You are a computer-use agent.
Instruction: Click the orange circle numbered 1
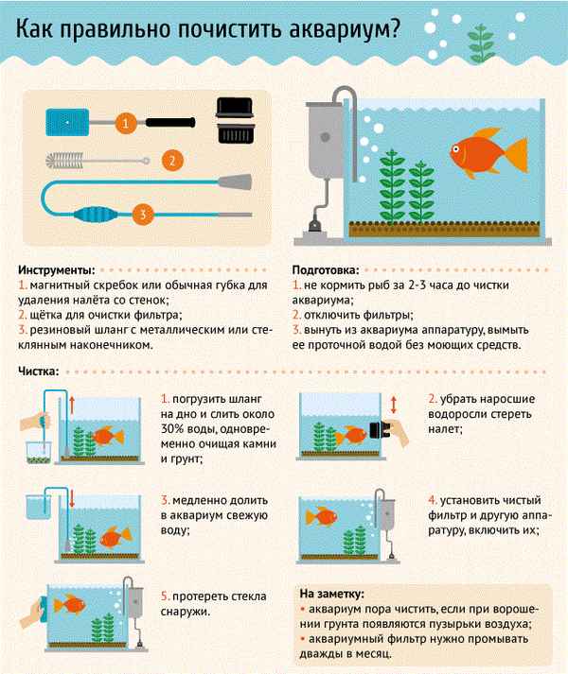click(x=126, y=124)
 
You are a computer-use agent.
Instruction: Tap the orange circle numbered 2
click(x=172, y=161)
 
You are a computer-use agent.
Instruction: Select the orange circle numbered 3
click(x=143, y=214)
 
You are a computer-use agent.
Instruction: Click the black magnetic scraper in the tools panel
click(x=235, y=120)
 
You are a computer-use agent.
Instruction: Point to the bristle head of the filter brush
click(x=64, y=161)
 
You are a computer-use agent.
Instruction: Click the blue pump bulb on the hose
click(x=97, y=214)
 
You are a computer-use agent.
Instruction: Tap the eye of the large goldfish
click(x=456, y=149)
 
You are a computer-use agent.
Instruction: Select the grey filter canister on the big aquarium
click(x=325, y=140)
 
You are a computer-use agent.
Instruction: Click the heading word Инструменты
click(x=57, y=270)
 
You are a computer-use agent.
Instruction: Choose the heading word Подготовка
click(x=325, y=270)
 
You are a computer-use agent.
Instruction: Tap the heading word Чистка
click(x=38, y=372)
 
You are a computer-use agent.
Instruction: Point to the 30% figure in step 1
click(x=175, y=429)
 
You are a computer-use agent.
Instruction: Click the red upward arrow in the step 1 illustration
click(x=72, y=406)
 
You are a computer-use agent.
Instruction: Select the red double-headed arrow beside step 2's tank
click(x=393, y=405)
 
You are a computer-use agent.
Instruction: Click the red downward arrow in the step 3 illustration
click(x=72, y=498)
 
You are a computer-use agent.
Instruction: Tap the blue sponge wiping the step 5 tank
click(x=43, y=608)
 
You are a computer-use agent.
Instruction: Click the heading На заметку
click(x=331, y=594)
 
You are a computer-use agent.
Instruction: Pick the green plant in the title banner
click(x=481, y=43)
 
